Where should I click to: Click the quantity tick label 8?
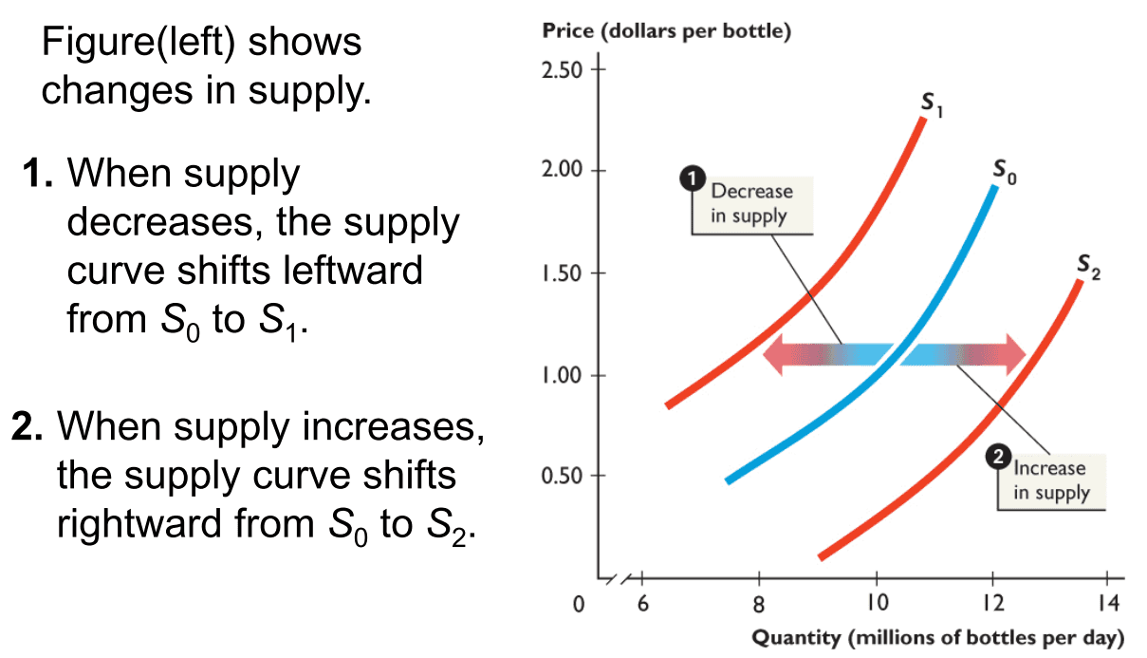coord(759,604)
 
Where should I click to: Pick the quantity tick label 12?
coord(991,604)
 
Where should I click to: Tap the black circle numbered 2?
coord(997,459)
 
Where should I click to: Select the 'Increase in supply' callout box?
coord(1051,480)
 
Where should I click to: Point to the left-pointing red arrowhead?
coord(778,354)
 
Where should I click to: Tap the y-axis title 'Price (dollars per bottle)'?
coord(666,31)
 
